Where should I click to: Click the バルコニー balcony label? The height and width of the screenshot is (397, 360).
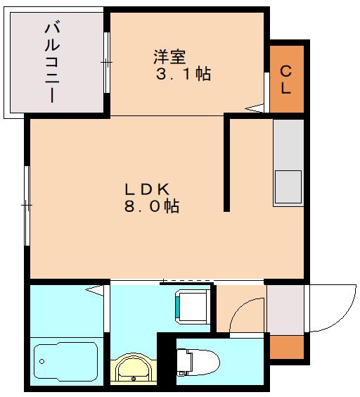tap(51, 63)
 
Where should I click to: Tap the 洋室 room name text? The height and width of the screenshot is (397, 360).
tap(170, 54)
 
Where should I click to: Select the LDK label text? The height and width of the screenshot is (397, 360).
tap(148, 189)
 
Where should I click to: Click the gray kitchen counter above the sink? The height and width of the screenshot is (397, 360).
tap(288, 144)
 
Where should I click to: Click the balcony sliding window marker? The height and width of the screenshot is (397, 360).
tap(106, 63)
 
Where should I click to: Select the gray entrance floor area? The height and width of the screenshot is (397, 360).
tap(286, 310)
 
